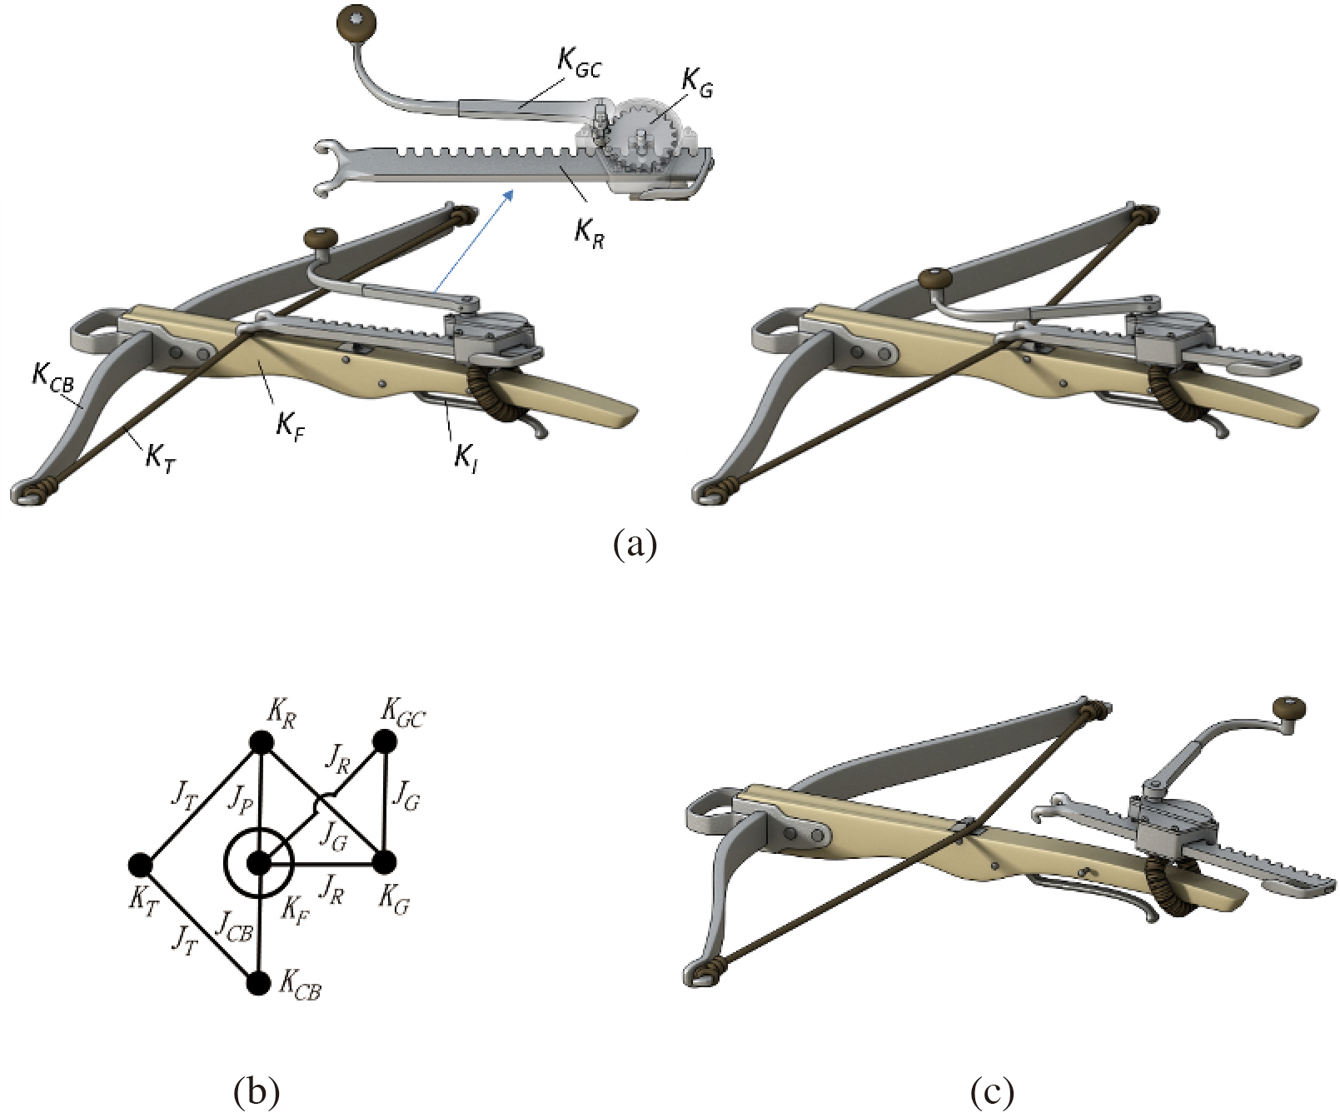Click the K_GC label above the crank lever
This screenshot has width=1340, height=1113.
tap(579, 62)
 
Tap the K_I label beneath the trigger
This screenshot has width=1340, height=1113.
tap(466, 457)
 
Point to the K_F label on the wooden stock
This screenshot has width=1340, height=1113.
tap(289, 427)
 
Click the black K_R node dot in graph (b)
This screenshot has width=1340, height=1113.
tap(262, 741)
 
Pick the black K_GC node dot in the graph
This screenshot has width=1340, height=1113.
tap(384, 741)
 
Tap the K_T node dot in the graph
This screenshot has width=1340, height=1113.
tap(141, 865)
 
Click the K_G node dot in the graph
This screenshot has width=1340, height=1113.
tap(384, 862)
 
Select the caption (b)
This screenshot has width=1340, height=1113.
tap(257, 1091)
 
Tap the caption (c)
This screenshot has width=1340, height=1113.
tap(991, 1091)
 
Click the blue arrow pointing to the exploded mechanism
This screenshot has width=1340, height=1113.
tap(472, 240)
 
